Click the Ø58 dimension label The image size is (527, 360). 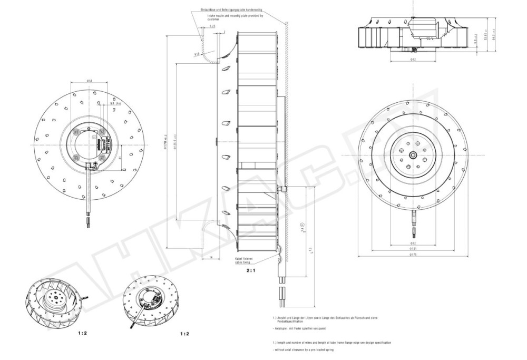click(x=90, y=81)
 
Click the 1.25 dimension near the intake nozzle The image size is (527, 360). click(x=212, y=26)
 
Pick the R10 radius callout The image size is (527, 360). click(x=197, y=54)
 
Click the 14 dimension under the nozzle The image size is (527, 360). click(x=210, y=257)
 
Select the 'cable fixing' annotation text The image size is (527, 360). click(x=243, y=262)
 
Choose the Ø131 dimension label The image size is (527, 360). click(x=413, y=249)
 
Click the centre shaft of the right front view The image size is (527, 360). click(x=413, y=154)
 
